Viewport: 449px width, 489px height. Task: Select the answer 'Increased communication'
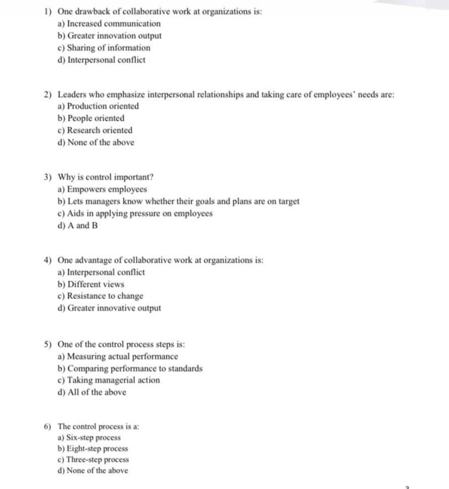tap(114, 24)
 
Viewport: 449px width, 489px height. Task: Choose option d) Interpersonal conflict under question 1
tap(106, 60)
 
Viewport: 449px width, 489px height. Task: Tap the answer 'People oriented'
tap(95, 118)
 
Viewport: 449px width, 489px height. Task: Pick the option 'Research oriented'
tap(99, 130)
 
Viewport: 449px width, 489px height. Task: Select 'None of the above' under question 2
tap(101, 142)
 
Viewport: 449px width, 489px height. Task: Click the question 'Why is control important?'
tap(106, 177)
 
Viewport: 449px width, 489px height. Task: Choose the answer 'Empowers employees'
tap(107, 189)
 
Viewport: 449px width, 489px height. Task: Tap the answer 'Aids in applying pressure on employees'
tap(139, 213)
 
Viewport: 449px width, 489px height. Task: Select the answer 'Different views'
tap(95, 284)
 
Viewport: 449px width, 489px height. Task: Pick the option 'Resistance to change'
tap(105, 296)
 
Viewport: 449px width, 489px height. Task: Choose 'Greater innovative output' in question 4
tap(114, 308)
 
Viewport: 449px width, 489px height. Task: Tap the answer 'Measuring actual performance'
tap(122, 357)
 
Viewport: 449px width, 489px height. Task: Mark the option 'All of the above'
tap(96, 393)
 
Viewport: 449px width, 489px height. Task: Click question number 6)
tap(48, 426)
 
